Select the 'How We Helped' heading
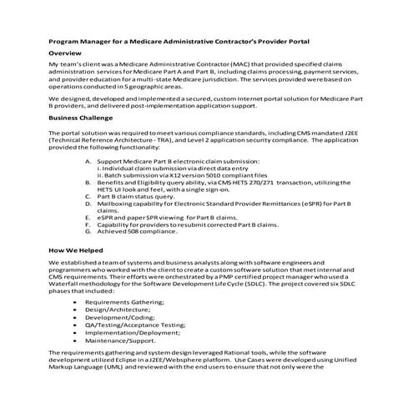coord(76,249)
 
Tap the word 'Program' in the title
coord(66,38)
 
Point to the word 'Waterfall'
coord(68,285)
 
